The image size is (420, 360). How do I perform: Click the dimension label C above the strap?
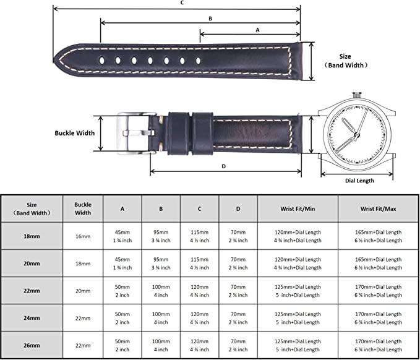(182, 3)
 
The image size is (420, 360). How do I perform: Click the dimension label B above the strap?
(210, 19)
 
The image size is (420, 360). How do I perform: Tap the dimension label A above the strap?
(257, 30)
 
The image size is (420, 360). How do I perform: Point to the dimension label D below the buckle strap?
(224, 166)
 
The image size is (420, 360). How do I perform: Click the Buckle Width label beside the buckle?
(75, 133)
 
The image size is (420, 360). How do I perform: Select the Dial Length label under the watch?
(359, 181)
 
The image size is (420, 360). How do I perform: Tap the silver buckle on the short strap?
(136, 134)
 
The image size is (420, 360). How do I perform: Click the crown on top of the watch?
(357, 95)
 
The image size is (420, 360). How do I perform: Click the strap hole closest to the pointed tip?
(102, 61)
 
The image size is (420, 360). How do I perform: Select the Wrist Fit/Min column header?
(298, 208)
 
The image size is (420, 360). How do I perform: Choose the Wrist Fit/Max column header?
(378, 208)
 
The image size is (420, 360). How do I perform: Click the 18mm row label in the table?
(32, 236)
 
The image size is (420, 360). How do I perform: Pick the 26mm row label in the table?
(32, 346)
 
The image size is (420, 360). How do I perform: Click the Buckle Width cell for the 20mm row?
(83, 264)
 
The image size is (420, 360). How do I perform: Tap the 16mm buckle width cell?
(83, 236)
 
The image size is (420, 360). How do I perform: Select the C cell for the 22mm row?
(200, 291)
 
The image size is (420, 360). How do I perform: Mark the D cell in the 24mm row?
(238, 318)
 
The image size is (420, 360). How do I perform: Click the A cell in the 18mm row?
(122, 236)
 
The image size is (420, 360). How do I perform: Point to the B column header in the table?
(161, 208)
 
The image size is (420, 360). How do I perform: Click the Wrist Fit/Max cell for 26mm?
(378, 346)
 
